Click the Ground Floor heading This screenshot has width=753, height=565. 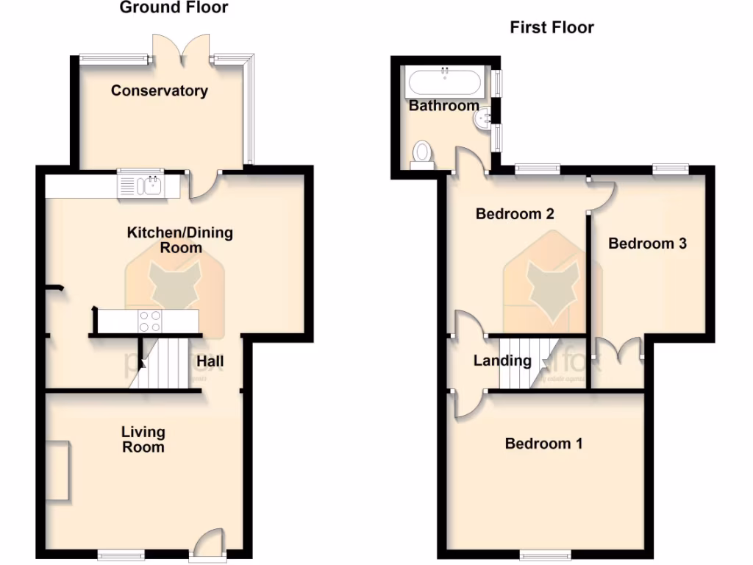point(174,8)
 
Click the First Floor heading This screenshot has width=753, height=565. point(552,28)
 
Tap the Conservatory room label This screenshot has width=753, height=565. point(159,90)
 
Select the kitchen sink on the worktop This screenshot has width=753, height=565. point(147,185)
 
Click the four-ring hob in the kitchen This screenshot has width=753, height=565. point(150,320)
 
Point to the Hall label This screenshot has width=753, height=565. point(210,361)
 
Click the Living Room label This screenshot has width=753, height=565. point(143,439)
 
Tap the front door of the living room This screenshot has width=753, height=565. point(209,544)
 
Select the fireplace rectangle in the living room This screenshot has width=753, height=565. point(57,471)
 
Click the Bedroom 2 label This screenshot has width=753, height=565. point(515,214)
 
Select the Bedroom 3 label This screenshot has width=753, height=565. point(647,244)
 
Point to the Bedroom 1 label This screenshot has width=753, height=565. point(543,444)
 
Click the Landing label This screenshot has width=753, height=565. point(502,360)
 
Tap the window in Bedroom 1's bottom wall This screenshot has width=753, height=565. point(544,554)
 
